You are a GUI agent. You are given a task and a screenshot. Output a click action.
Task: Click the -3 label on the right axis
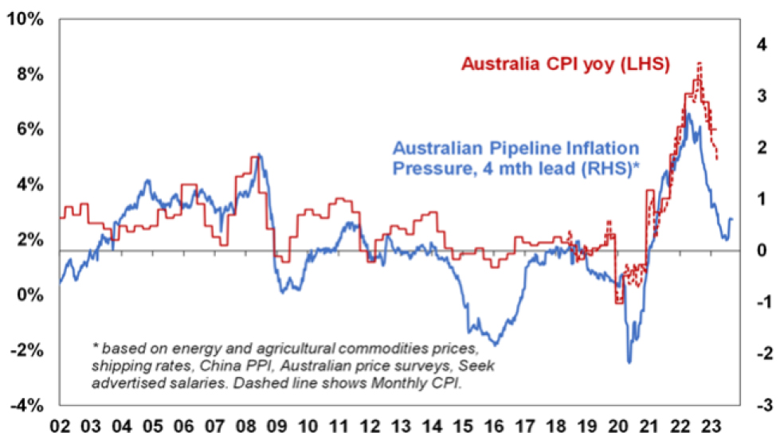click(x=758, y=405)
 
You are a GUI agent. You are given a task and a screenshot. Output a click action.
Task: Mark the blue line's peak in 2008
click(x=259, y=154)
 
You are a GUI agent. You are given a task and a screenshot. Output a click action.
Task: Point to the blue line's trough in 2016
click(x=496, y=344)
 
